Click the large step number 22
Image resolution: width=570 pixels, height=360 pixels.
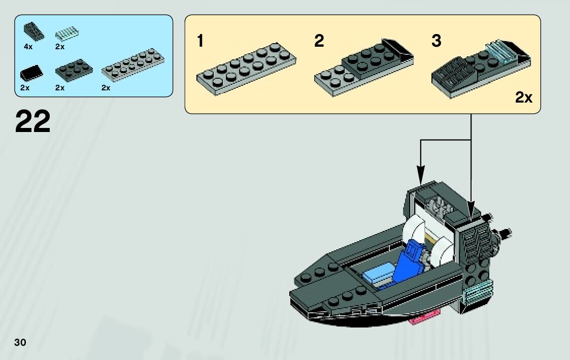(32, 121)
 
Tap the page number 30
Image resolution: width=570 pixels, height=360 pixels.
(20, 342)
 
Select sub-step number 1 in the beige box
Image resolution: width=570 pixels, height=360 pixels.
(200, 41)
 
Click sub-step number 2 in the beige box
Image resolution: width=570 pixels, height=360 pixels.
(319, 41)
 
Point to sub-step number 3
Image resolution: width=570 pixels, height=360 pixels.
(436, 41)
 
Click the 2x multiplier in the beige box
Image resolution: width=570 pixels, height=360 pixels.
(523, 97)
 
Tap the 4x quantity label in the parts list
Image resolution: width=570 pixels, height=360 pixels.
(28, 47)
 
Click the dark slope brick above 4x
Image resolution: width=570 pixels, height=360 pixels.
(34, 31)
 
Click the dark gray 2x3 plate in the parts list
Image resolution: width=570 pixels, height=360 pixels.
(74, 70)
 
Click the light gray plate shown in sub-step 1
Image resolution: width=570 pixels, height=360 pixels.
(246, 69)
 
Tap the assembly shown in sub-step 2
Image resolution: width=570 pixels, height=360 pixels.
(363, 68)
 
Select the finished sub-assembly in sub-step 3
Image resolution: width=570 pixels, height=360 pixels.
(481, 69)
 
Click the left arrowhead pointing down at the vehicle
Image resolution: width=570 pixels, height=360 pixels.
(421, 175)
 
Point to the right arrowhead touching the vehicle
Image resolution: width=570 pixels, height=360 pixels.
(472, 210)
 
